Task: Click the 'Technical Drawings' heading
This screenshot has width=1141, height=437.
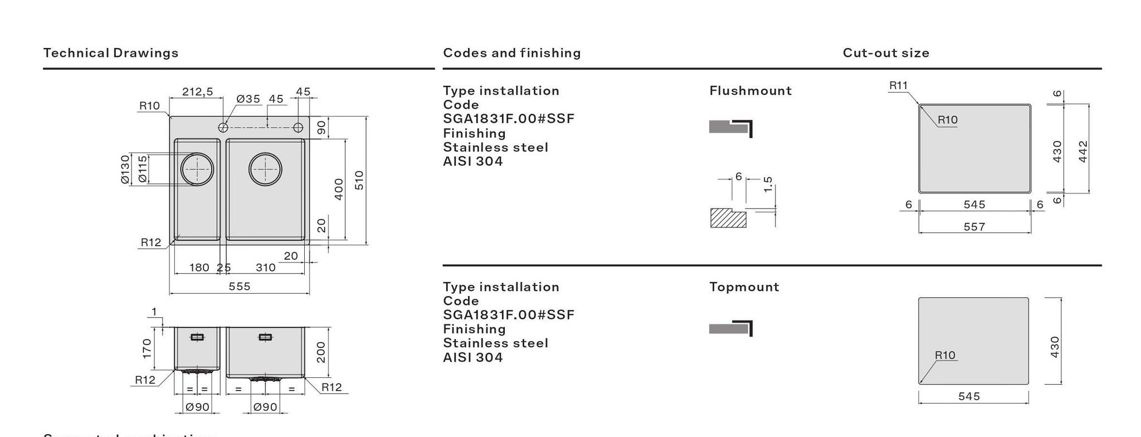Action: tap(111, 53)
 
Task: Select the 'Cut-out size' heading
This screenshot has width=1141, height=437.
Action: tap(886, 53)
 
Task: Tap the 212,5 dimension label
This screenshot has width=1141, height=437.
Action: tap(198, 91)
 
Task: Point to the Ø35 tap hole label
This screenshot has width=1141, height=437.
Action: tap(248, 99)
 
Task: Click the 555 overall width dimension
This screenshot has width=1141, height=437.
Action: tap(240, 286)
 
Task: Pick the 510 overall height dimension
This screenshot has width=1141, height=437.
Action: tap(359, 180)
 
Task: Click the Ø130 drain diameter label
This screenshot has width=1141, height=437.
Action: tap(125, 169)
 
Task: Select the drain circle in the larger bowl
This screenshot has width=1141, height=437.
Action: tap(265, 169)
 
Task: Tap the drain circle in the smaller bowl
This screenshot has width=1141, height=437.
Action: tap(197, 169)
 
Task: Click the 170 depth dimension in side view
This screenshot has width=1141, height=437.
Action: tap(147, 348)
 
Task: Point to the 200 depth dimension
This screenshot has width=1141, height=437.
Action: tap(321, 352)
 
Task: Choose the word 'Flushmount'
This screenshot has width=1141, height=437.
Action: tap(750, 91)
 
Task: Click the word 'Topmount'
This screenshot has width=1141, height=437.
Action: tap(744, 287)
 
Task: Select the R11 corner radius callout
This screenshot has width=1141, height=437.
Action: tap(898, 85)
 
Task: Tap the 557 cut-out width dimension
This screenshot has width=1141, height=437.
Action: tap(974, 227)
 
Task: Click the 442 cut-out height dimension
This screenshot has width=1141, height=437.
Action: tap(1083, 151)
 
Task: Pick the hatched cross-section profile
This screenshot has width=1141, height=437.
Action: tap(728, 218)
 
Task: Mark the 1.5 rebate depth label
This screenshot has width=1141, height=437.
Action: tap(768, 184)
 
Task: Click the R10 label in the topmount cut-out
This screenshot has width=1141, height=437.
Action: tap(945, 355)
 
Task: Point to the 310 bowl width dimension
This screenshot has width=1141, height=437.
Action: tap(266, 268)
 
